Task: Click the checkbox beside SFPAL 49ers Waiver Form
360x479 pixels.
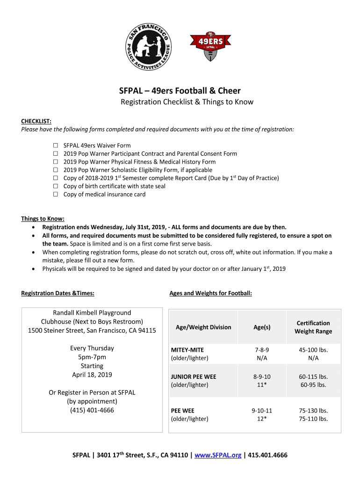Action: [55, 145]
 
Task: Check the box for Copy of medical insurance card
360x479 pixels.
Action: [55, 195]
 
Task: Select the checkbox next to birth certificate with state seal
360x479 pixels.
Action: [55, 186]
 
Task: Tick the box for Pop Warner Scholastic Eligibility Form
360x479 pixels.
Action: [55, 170]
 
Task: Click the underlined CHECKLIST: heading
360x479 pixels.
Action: [36, 121]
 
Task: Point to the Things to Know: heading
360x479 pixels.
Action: [43, 218]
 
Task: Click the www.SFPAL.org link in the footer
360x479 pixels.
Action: [218, 455]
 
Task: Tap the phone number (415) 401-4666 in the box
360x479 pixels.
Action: [92, 410]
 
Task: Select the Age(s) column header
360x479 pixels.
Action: [262, 327]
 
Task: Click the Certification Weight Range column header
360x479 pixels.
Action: [313, 327]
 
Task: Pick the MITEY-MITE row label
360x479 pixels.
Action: [187, 350]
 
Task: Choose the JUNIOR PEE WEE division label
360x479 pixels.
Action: [194, 377]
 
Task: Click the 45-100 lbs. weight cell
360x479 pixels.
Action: [313, 350]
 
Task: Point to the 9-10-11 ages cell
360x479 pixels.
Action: [262, 411]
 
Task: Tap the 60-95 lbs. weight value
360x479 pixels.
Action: [313, 385]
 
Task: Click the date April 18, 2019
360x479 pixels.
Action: [92, 375]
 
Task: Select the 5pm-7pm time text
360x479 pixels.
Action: [92, 357]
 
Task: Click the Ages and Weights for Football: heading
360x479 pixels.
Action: [210, 293]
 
